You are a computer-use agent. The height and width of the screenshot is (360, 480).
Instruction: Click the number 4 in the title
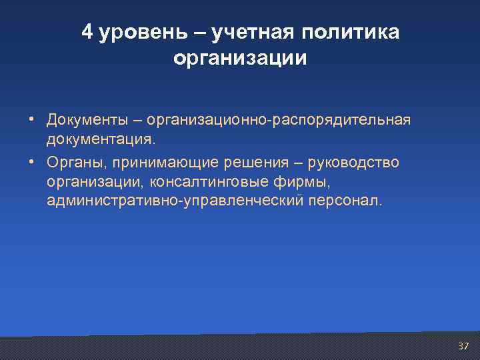coord(88,33)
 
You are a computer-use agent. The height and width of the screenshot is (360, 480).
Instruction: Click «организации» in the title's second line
coord(240,59)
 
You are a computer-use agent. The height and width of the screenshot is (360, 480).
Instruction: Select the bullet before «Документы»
coord(31,121)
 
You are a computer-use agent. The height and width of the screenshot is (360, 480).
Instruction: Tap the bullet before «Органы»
coord(31,163)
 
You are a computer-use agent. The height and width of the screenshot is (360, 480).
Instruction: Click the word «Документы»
coord(83,121)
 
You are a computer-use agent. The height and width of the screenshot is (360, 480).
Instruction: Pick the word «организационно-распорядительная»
coord(279,121)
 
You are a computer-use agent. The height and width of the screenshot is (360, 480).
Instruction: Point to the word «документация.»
coord(101,140)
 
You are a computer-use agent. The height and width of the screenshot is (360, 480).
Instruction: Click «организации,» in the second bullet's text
coord(96,181)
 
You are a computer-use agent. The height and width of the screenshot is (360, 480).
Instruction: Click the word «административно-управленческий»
coord(175,201)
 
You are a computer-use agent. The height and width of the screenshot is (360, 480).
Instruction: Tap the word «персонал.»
coord(347,201)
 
